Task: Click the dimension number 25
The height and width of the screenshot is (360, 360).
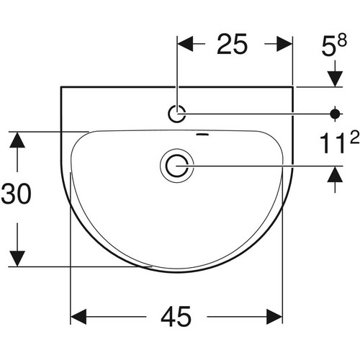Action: click(232, 44)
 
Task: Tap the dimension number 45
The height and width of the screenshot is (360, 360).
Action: click(176, 317)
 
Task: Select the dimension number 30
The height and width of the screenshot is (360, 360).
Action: click(17, 194)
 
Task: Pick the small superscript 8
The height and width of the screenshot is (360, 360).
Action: click(342, 40)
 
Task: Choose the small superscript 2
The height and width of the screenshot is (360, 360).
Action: click(354, 137)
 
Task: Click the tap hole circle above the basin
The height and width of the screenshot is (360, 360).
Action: click(177, 114)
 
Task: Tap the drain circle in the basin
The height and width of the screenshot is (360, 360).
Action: click(177, 166)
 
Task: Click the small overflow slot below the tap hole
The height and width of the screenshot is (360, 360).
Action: click(202, 135)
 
